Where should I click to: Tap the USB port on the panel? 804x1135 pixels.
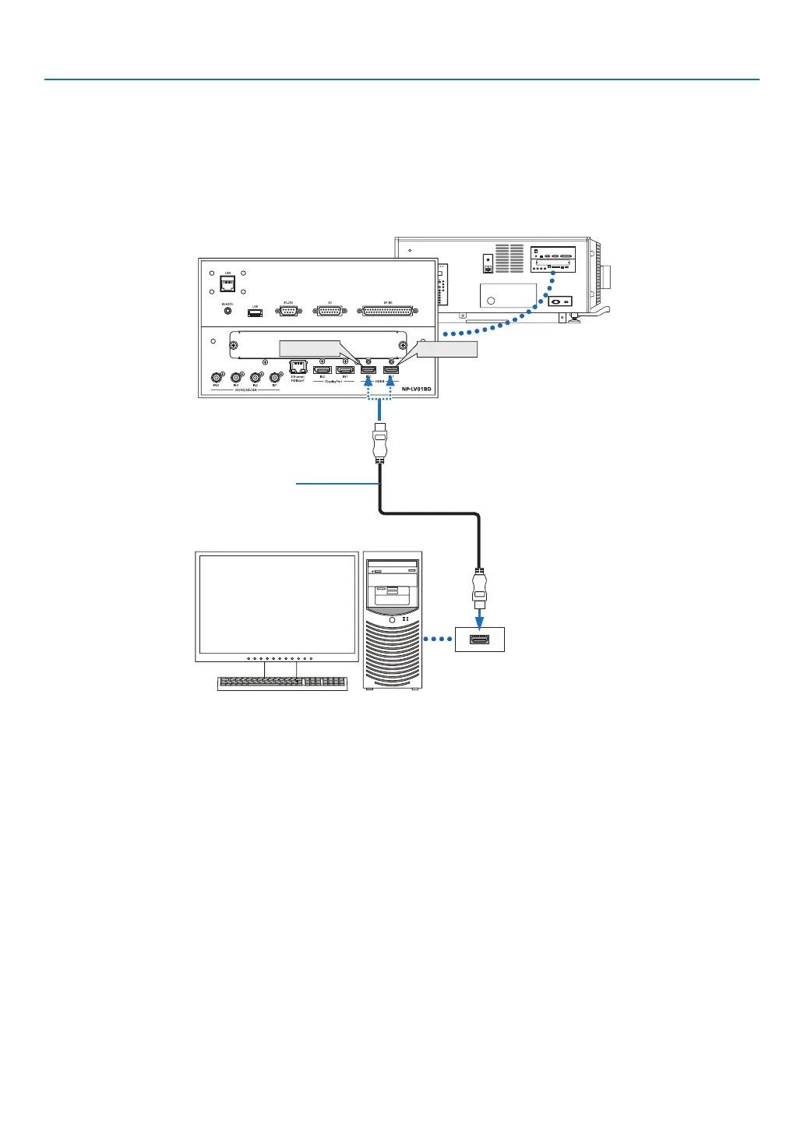click(x=255, y=312)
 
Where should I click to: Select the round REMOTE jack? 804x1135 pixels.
click(x=227, y=311)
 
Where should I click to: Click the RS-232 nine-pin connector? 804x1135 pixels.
click(x=287, y=311)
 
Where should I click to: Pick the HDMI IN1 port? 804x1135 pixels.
click(x=391, y=369)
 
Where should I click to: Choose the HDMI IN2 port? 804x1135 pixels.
click(x=368, y=369)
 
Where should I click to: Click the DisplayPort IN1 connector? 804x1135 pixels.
click(x=344, y=369)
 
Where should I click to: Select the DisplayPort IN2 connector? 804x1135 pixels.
click(x=323, y=369)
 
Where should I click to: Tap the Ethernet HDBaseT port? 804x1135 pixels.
click(x=298, y=367)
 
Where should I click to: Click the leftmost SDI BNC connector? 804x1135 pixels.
click(x=217, y=378)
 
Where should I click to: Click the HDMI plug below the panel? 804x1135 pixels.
click(x=379, y=444)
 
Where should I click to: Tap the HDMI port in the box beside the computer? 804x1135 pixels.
click(x=479, y=640)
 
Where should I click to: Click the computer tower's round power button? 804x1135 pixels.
click(x=393, y=620)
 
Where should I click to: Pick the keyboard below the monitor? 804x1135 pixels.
click(x=283, y=682)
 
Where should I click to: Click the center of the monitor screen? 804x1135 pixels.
click(x=277, y=604)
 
